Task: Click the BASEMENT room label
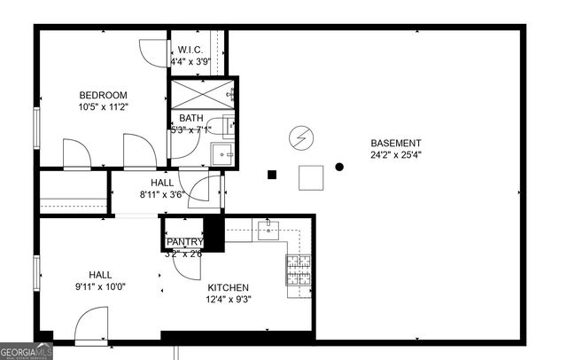tap(395, 143)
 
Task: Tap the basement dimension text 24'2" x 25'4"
tap(395, 154)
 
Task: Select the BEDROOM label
tap(103, 96)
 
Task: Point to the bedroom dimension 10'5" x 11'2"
tap(103, 107)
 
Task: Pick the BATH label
tap(191, 118)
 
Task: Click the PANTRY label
tap(184, 242)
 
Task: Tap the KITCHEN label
tap(228, 287)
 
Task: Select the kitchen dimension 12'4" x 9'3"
tap(228, 299)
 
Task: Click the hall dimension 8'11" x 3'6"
tap(161, 195)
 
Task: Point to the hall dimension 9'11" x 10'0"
tap(100, 286)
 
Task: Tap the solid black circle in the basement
tap(339, 166)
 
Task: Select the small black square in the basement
tap(273, 175)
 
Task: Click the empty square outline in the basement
tap(311, 177)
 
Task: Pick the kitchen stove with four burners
tap(298, 269)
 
